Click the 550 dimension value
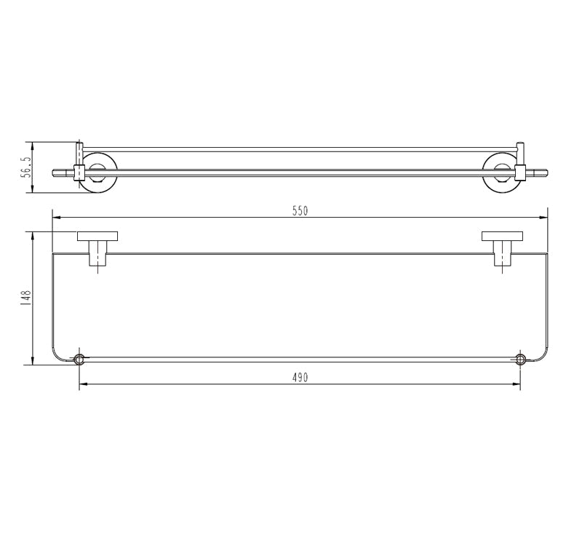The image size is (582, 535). (300, 211)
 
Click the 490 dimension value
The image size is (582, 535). (300, 378)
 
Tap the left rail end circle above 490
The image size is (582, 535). (79, 360)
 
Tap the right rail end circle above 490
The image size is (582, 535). (520, 360)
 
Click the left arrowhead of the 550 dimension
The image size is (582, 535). (55, 216)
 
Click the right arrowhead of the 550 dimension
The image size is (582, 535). (543, 216)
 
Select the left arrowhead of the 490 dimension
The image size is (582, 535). (82, 384)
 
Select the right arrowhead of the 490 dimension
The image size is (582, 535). (517, 384)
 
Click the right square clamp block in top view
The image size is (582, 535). (519, 173)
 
